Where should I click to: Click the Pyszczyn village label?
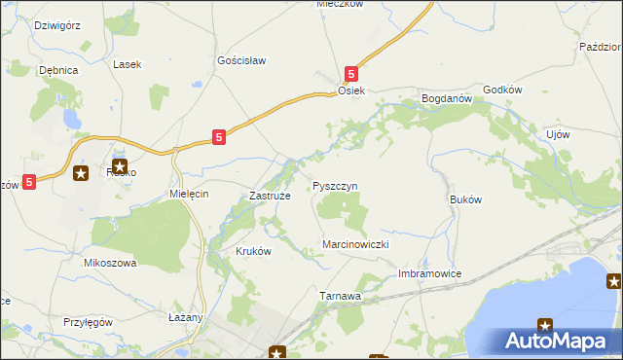point(336,185)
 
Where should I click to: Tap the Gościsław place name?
point(241,59)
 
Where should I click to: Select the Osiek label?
point(350,90)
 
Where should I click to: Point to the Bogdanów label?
point(446,98)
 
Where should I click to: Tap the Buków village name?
point(466,198)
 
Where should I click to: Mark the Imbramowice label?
point(429,273)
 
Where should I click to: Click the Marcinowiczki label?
point(356,244)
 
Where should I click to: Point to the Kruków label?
point(253,250)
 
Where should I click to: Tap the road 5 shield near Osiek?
point(352,73)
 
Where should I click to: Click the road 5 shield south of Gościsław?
point(220,138)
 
